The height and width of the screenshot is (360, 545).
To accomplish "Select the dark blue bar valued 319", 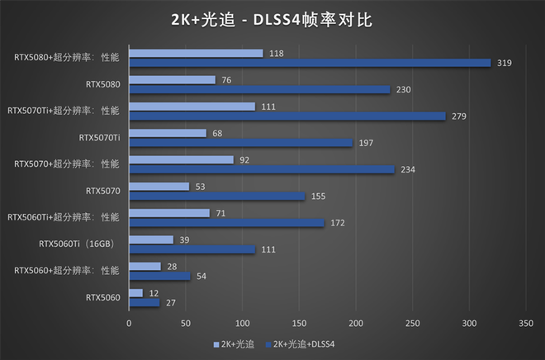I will (x=310, y=63).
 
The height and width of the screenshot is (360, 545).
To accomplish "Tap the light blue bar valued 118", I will (x=196, y=53).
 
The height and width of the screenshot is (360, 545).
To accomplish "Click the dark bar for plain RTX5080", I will (x=259, y=89).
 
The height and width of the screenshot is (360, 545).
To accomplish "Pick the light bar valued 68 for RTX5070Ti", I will (x=168, y=133).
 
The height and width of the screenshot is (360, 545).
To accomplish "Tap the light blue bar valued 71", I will (x=169, y=213).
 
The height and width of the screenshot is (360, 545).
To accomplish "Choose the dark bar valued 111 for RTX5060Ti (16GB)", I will (x=192, y=249).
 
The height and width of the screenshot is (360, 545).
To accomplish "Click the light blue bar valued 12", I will (x=135, y=293).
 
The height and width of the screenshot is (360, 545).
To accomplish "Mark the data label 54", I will (x=203, y=276).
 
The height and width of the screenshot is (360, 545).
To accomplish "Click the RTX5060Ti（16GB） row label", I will (x=79, y=244).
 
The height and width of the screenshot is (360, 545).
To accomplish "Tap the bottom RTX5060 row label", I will (x=103, y=297).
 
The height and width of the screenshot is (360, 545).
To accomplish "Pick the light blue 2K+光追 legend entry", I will (x=235, y=343).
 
